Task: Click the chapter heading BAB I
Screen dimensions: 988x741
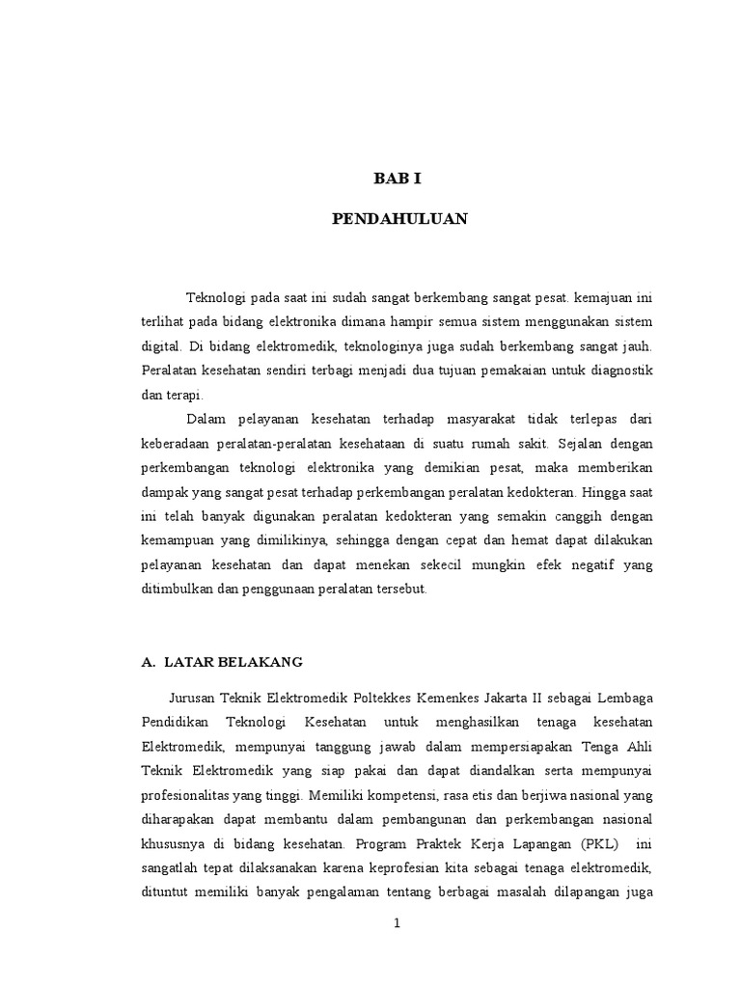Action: pos(398,178)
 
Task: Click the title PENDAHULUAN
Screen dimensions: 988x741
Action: pos(399,219)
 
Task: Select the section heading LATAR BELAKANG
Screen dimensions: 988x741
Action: pos(233,662)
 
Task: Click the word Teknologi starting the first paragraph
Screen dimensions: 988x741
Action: pos(217,297)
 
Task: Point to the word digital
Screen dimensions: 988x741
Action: pos(161,344)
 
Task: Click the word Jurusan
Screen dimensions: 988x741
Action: pos(193,697)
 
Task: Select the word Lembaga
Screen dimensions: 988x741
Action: pos(625,697)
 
